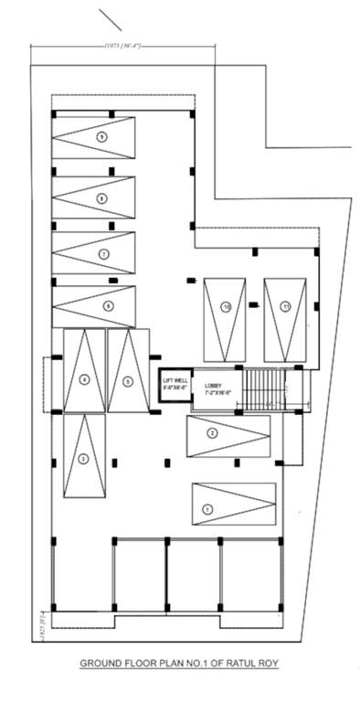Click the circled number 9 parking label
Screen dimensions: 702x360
[101, 136]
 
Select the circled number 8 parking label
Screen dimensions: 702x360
[101, 197]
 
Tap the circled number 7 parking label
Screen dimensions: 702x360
[104, 253]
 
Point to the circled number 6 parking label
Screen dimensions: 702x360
[109, 306]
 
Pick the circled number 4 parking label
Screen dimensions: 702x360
[84, 378]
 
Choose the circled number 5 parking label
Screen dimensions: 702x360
[129, 380]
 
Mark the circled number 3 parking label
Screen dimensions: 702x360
[83, 458]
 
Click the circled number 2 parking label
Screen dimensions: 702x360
[212, 432]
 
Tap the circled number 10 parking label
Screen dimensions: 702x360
[226, 307]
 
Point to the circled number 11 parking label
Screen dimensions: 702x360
[285, 306]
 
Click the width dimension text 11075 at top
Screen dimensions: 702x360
[120, 44]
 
